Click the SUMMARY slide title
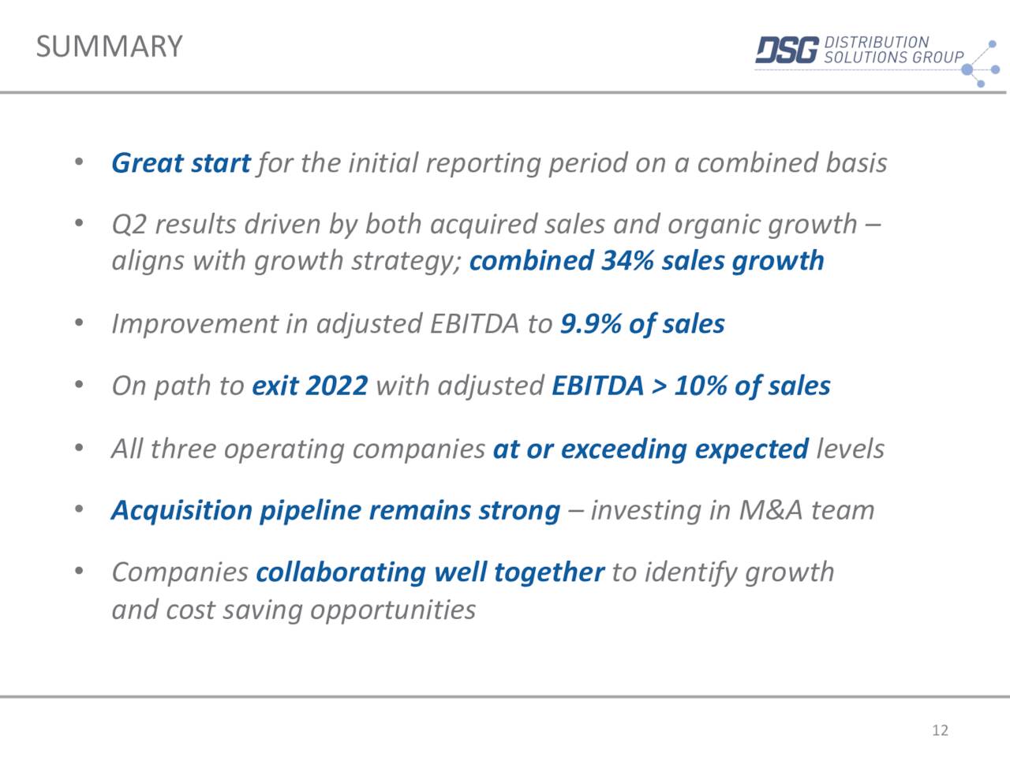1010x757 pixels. click(109, 47)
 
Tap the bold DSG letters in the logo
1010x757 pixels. click(786, 50)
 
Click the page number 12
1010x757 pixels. click(940, 730)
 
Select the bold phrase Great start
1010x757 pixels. click(181, 162)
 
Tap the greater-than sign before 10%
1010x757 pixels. click(658, 386)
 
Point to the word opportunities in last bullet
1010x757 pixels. click(392, 610)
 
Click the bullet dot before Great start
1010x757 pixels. click(79, 162)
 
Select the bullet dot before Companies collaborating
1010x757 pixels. click(79, 571)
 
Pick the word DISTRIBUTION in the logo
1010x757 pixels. click(876, 42)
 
